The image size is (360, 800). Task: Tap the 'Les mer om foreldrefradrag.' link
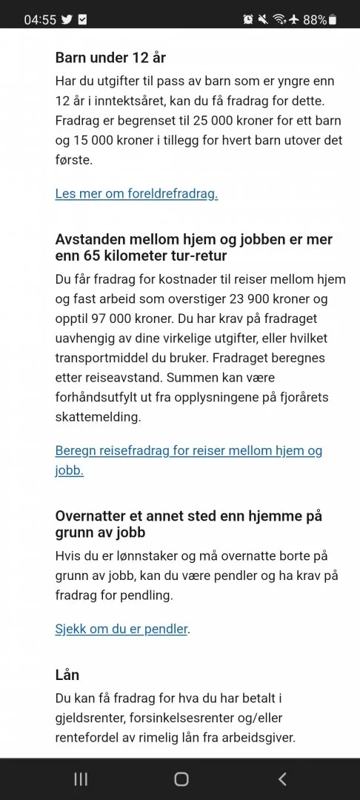(x=136, y=194)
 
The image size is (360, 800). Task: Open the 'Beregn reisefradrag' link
(x=189, y=451)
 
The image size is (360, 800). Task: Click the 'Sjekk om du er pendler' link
(x=121, y=630)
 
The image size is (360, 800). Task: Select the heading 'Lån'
(x=67, y=675)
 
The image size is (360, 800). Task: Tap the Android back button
(x=282, y=779)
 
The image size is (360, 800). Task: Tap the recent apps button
(x=81, y=779)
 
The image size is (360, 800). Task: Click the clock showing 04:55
(x=40, y=20)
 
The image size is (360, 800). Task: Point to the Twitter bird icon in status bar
(x=67, y=20)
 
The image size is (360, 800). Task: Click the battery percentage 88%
(x=315, y=20)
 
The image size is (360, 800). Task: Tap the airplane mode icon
(x=295, y=20)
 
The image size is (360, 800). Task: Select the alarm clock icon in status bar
(x=248, y=20)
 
